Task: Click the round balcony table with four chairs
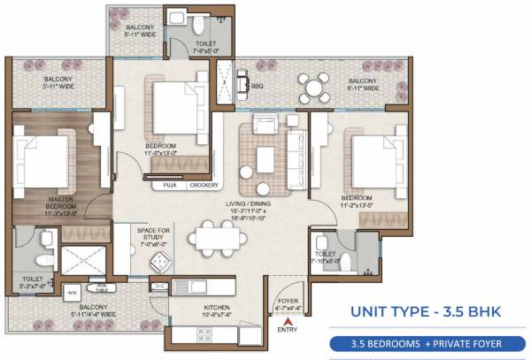pos(310,87)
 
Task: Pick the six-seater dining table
pos(217,236)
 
